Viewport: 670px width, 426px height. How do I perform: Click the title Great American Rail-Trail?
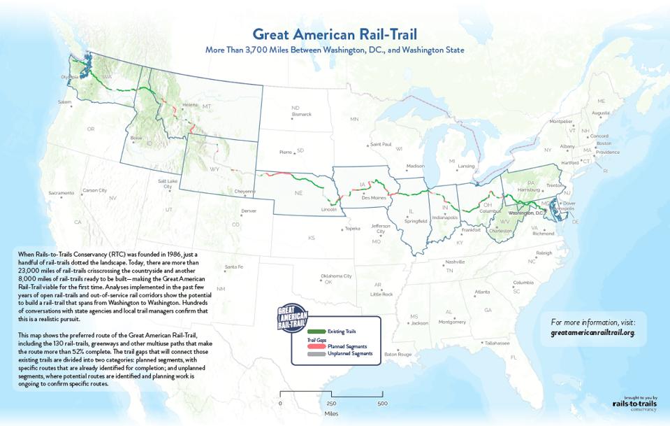pyautogui.click(x=335, y=34)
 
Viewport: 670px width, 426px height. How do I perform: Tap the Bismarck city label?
pyautogui.click(x=301, y=113)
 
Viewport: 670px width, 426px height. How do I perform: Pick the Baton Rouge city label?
pyautogui.click(x=398, y=354)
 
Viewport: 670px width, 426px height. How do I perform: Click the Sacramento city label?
pyautogui.click(x=61, y=192)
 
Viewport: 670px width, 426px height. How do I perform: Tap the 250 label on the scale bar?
pyautogui.click(x=331, y=404)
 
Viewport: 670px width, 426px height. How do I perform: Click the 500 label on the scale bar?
pyautogui.click(x=382, y=404)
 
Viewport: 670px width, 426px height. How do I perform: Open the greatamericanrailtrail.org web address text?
pyautogui.click(x=592, y=332)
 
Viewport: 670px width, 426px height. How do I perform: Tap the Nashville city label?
pyautogui.click(x=455, y=262)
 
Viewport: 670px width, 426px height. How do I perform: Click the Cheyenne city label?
pyautogui.click(x=245, y=190)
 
